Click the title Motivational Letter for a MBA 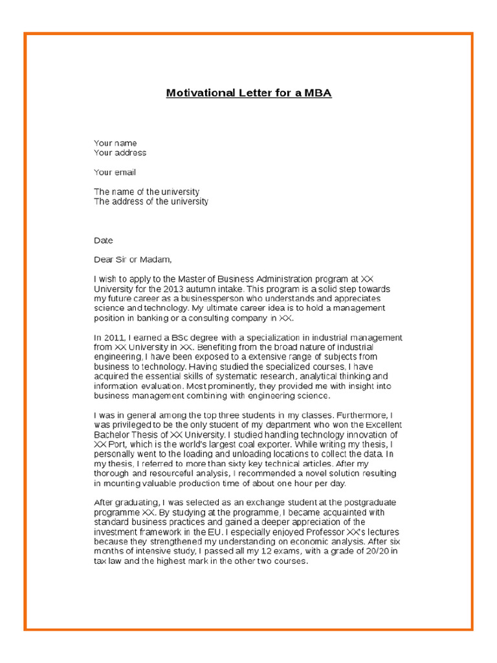(248, 93)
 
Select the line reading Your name (115, 143)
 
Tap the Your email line (115, 172)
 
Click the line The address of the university (151, 201)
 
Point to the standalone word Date (103, 240)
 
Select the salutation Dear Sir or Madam (133, 260)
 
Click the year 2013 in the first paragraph (175, 289)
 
